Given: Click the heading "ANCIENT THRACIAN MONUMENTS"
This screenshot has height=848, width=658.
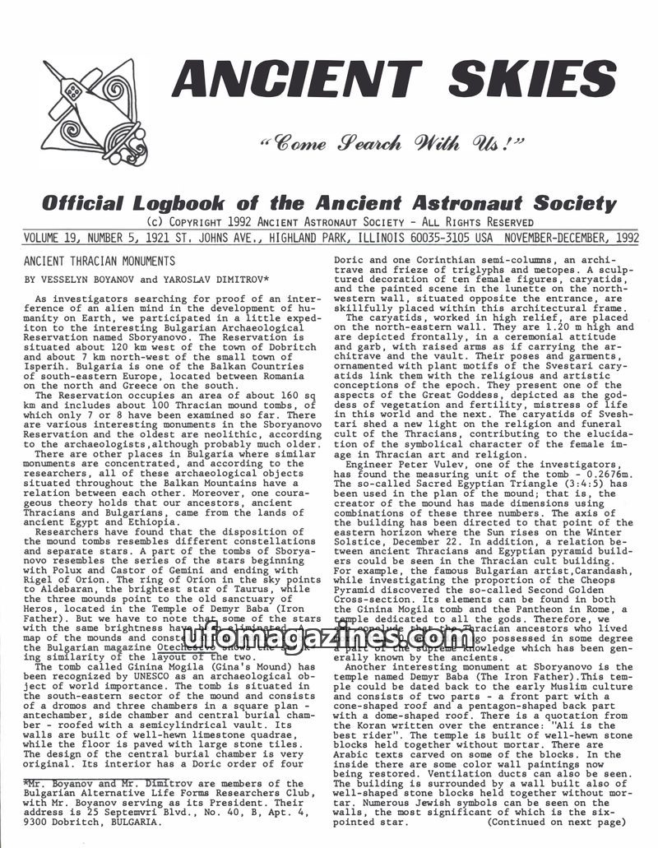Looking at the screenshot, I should click(x=100, y=262).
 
